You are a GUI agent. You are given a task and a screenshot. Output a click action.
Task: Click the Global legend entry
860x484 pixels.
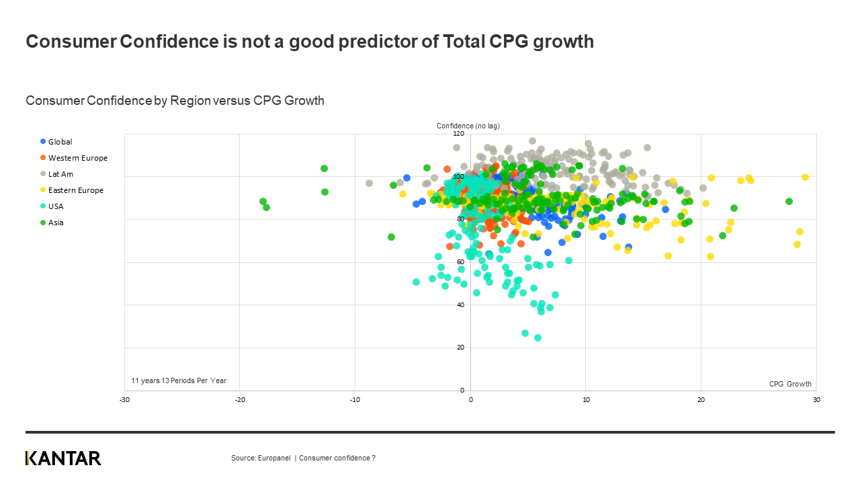pyautogui.click(x=60, y=142)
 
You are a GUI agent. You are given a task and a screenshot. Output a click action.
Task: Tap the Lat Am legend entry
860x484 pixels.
pyautogui.click(x=60, y=174)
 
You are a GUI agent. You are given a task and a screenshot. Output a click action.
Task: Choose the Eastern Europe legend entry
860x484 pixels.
pyautogui.click(x=75, y=190)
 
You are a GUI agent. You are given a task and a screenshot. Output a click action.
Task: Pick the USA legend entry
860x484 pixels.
pyautogui.click(x=56, y=206)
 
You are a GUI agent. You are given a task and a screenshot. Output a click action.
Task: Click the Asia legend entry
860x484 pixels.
pyautogui.click(x=56, y=223)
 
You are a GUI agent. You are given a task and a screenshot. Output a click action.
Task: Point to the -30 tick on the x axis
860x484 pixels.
pyautogui.click(x=124, y=399)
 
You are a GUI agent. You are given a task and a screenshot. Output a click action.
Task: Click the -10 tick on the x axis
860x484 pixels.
pyautogui.click(x=355, y=399)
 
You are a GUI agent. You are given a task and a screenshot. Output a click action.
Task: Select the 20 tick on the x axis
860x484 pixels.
pyautogui.click(x=701, y=399)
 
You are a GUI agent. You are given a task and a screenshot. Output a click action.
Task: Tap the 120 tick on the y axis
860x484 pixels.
pyautogui.click(x=458, y=134)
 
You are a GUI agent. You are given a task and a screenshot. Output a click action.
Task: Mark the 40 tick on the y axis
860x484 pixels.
pyautogui.click(x=460, y=305)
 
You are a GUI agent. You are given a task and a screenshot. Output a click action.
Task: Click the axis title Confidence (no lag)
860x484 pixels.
pyautogui.click(x=468, y=126)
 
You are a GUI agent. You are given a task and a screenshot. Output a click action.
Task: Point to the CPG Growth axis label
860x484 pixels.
pyautogui.click(x=790, y=384)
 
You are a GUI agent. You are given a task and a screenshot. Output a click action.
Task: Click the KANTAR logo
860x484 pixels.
pyautogui.click(x=63, y=458)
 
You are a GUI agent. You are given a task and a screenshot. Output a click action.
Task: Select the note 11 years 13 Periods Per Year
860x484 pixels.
pyautogui.click(x=179, y=380)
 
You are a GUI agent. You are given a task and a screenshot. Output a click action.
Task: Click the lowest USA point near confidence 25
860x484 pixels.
pyautogui.click(x=537, y=337)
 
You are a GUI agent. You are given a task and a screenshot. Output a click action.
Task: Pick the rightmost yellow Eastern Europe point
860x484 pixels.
pyautogui.click(x=805, y=177)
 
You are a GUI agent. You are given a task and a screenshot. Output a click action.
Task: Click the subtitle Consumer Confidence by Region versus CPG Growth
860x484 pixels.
pyautogui.click(x=175, y=101)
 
